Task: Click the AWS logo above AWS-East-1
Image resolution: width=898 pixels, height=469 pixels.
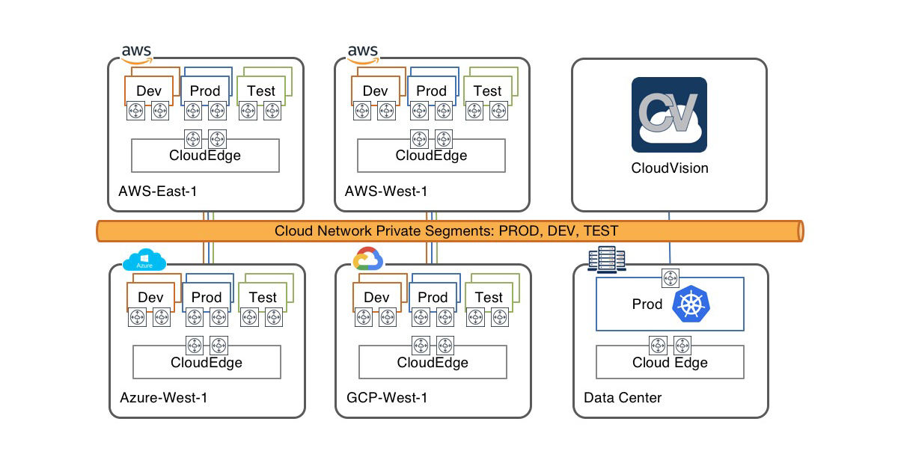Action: click(137, 53)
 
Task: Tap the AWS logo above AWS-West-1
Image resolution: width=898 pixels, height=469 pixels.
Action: click(363, 53)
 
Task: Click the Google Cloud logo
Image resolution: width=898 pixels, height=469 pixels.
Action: click(367, 259)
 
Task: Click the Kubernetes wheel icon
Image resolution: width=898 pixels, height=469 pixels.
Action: click(691, 305)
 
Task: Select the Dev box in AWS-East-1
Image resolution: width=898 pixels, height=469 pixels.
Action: click(149, 91)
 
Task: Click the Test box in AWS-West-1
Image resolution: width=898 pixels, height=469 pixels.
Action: click(487, 91)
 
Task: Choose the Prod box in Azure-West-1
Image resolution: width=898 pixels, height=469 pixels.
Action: click(207, 297)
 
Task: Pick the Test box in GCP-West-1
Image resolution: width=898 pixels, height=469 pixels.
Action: click(489, 297)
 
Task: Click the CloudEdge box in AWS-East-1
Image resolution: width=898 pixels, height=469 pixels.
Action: click(205, 156)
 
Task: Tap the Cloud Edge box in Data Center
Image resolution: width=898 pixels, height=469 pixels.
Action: click(670, 363)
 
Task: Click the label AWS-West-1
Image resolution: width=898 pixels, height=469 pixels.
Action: click(385, 191)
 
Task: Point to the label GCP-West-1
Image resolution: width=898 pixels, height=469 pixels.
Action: click(386, 398)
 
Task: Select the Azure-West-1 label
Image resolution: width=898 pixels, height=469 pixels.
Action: click(163, 398)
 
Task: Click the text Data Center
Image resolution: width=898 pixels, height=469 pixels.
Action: click(623, 398)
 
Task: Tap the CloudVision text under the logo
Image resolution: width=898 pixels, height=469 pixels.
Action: click(669, 168)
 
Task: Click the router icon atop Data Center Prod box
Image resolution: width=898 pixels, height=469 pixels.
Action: click(670, 278)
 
